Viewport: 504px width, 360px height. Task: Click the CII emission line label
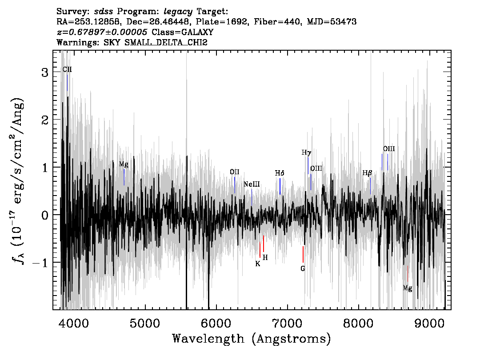(x=67, y=69)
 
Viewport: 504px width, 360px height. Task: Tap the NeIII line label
(x=252, y=184)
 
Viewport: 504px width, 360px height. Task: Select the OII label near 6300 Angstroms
(x=235, y=172)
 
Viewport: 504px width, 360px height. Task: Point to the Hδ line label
(x=280, y=173)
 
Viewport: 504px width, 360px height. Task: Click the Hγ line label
(x=306, y=153)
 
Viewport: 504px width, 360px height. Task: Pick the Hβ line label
(x=368, y=173)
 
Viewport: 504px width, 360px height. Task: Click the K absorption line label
(x=258, y=264)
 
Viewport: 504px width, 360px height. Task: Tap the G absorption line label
(x=303, y=268)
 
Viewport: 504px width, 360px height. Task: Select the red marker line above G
(x=303, y=255)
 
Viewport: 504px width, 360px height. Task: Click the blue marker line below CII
(x=67, y=83)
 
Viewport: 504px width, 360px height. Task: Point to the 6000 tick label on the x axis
(x=216, y=324)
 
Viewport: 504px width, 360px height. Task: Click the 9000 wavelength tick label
(x=429, y=324)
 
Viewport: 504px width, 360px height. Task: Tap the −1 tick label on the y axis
(x=40, y=263)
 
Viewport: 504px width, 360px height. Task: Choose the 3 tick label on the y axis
(x=45, y=72)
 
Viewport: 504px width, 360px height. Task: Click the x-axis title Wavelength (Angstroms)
(x=252, y=339)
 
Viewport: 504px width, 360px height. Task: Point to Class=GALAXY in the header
(x=183, y=32)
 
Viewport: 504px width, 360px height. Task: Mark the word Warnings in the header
(x=77, y=42)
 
